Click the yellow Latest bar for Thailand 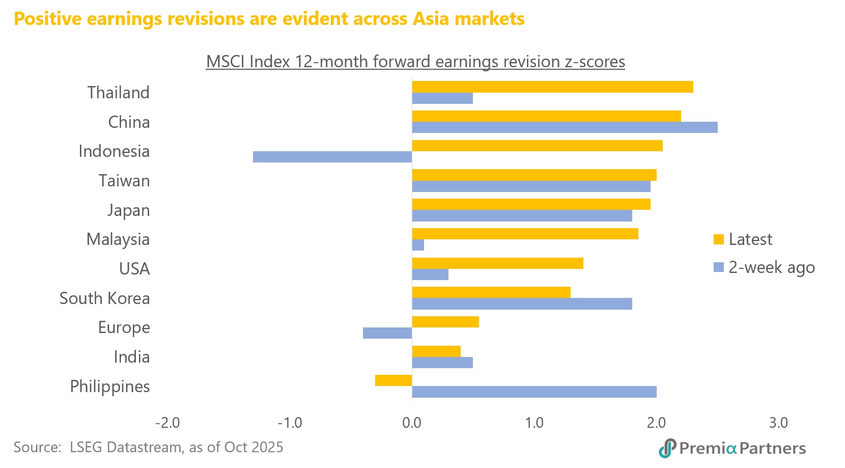pyautogui.click(x=552, y=87)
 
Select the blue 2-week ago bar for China pyautogui.click(x=565, y=127)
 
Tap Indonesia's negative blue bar pyautogui.click(x=332, y=157)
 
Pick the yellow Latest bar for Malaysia pyautogui.click(x=525, y=234)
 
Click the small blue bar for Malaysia pyautogui.click(x=418, y=245)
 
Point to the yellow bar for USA pyautogui.click(x=497, y=263)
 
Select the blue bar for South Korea pyautogui.click(x=522, y=304)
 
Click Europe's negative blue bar pyautogui.click(x=387, y=333)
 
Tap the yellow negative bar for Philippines pyautogui.click(x=393, y=380)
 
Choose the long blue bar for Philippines pyautogui.click(x=534, y=392)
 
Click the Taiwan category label pyautogui.click(x=124, y=181)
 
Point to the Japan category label pyautogui.click(x=128, y=210)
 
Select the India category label pyautogui.click(x=131, y=357)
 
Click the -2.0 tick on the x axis pyautogui.click(x=167, y=423)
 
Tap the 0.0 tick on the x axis pyautogui.click(x=412, y=423)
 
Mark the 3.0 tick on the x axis pyautogui.click(x=778, y=423)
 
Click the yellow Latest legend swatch pyautogui.click(x=719, y=239)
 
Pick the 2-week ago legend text pyautogui.click(x=771, y=267)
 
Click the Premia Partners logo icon pyautogui.click(x=667, y=448)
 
